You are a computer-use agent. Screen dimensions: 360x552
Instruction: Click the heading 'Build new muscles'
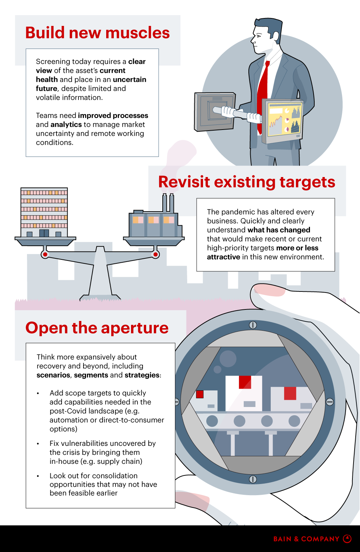[x=98, y=33]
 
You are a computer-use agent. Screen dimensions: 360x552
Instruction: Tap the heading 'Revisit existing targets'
[x=247, y=182]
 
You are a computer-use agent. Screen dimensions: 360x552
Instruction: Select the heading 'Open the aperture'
[x=97, y=328]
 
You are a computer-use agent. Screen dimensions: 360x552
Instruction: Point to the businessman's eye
[x=258, y=36]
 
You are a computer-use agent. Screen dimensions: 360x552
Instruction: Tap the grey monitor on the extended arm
[x=215, y=112]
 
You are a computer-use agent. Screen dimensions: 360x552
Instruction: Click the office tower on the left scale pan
[x=44, y=212]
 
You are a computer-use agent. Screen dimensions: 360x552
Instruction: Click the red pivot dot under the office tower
[x=45, y=254]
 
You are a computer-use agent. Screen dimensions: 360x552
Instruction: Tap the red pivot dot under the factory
[x=156, y=254]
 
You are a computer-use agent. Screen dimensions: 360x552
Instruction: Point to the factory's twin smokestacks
[x=168, y=203]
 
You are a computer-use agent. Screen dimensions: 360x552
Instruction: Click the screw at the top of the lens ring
[x=253, y=325]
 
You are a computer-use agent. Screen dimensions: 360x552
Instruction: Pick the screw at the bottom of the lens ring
[x=253, y=479]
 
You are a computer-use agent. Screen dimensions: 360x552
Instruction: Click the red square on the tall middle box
[x=245, y=382]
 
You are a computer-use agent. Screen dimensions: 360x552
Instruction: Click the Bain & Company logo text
[x=306, y=539]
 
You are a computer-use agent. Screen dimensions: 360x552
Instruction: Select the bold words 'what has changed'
[x=279, y=230]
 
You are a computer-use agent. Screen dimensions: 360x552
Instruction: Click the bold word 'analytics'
[x=66, y=125]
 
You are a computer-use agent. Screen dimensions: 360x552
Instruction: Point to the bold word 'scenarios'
[x=54, y=375]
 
